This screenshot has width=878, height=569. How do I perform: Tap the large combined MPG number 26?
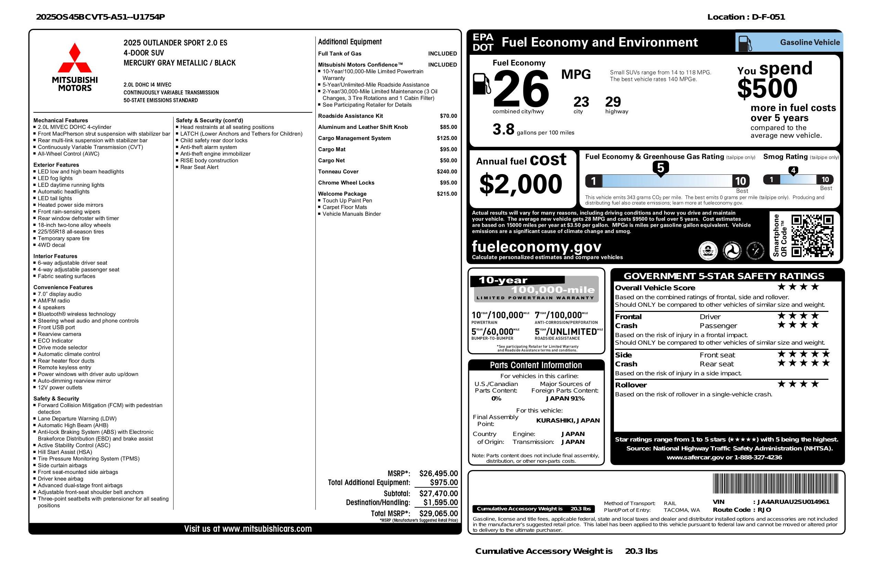521,89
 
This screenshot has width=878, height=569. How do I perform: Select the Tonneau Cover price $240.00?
447,172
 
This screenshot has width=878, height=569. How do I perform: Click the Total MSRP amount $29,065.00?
438,513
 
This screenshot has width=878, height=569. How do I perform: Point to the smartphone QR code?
812,236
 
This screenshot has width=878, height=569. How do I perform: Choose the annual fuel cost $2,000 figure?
521,184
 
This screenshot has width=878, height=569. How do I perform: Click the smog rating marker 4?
793,170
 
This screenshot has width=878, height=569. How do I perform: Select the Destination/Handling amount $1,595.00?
440,502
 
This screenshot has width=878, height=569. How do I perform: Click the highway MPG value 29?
613,102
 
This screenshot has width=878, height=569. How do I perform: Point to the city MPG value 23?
581,102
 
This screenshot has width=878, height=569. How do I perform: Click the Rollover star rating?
798,384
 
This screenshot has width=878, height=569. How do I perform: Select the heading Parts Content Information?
536,365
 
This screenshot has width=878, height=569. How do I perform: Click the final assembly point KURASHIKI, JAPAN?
567,420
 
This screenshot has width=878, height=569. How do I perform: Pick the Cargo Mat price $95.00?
448,150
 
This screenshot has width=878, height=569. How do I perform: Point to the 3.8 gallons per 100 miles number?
503,130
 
